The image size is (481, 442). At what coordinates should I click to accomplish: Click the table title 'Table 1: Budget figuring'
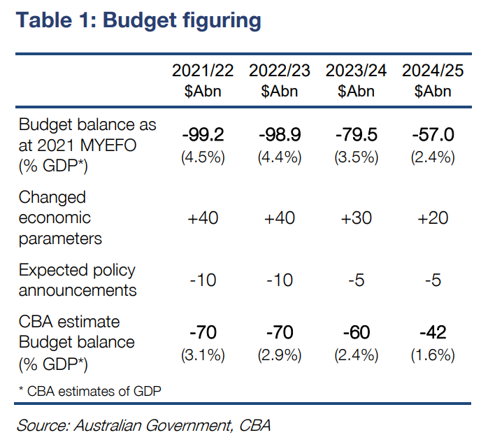(x=138, y=20)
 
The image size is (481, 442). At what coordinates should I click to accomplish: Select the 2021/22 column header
(x=203, y=71)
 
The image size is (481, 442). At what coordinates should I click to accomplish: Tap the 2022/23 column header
(x=280, y=71)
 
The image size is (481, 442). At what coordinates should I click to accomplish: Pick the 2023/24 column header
(x=356, y=71)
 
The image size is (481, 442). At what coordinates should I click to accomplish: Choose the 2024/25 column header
(x=432, y=71)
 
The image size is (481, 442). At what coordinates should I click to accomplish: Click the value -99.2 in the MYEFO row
(x=203, y=134)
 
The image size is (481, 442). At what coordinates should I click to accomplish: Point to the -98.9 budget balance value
(x=280, y=134)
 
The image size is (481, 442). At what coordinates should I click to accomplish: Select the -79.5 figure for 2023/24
(x=356, y=134)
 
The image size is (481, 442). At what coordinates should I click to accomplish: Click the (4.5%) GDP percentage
(x=203, y=157)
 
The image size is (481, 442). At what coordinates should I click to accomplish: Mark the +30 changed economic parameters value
(x=356, y=218)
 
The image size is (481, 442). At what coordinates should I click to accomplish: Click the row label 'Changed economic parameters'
(x=60, y=218)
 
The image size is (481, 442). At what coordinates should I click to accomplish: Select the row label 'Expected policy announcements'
(x=77, y=280)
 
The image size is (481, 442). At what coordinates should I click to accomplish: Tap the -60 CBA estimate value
(x=356, y=332)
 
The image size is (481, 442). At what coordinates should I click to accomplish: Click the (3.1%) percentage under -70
(x=203, y=355)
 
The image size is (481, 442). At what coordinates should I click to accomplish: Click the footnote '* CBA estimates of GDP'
(x=89, y=390)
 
